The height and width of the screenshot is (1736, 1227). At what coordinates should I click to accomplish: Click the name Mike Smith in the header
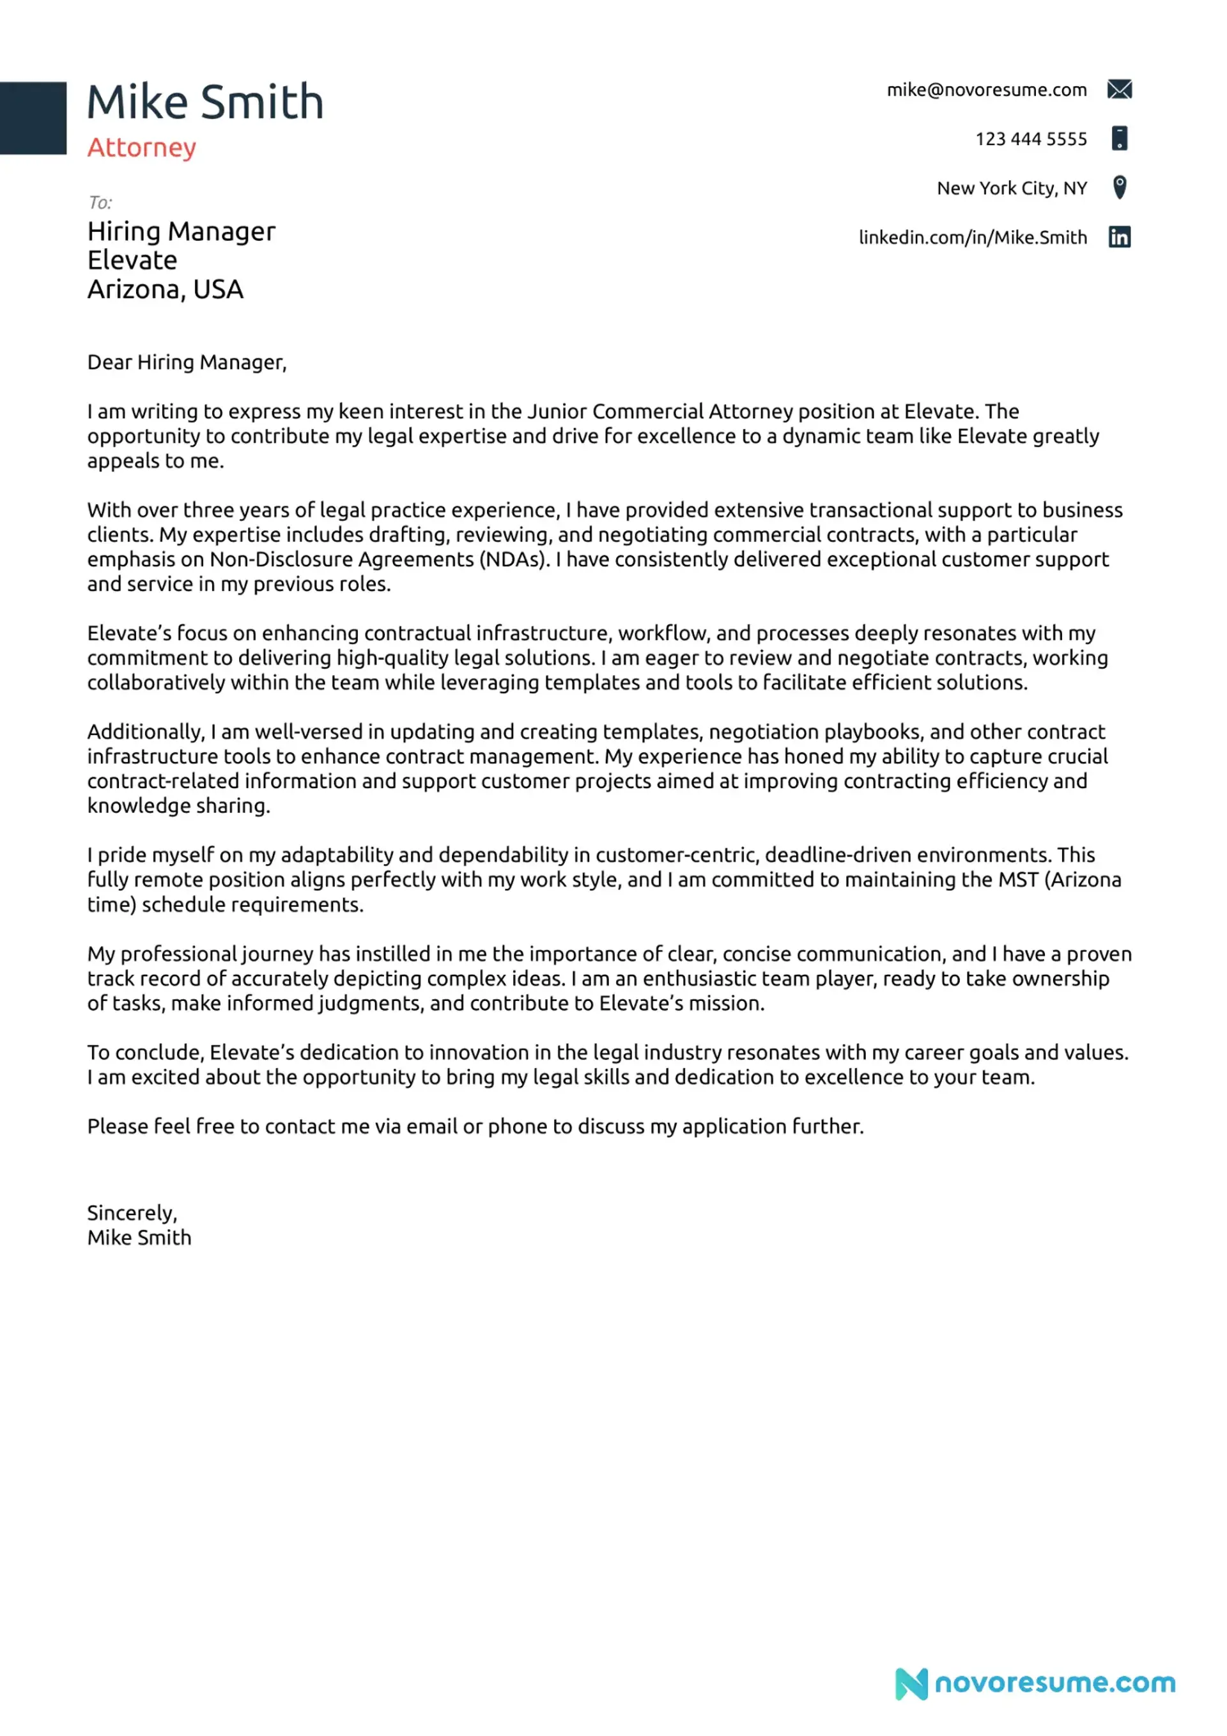point(205,102)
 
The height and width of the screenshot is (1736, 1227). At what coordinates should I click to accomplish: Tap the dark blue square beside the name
point(33,118)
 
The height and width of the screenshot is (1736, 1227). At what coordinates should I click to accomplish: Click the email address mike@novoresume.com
point(986,90)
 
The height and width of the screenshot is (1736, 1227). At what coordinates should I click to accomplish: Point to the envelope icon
point(1119,89)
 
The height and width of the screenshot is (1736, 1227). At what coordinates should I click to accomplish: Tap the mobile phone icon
point(1119,138)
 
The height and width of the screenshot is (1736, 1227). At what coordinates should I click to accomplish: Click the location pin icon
point(1120,187)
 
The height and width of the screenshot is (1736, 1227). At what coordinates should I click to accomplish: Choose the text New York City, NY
point(1012,189)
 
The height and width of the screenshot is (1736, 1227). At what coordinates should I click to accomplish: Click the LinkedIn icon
point(1119,236)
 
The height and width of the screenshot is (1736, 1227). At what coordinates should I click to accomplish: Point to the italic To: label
point(100,203)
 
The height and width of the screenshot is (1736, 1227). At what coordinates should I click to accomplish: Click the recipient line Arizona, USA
point(165,290)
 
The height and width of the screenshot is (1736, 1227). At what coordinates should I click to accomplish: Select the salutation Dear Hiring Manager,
point(187,362)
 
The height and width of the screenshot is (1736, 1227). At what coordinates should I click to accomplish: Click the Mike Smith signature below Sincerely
point(139,1237)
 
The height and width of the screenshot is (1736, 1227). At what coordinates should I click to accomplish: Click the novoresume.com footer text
point(1054,1683)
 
